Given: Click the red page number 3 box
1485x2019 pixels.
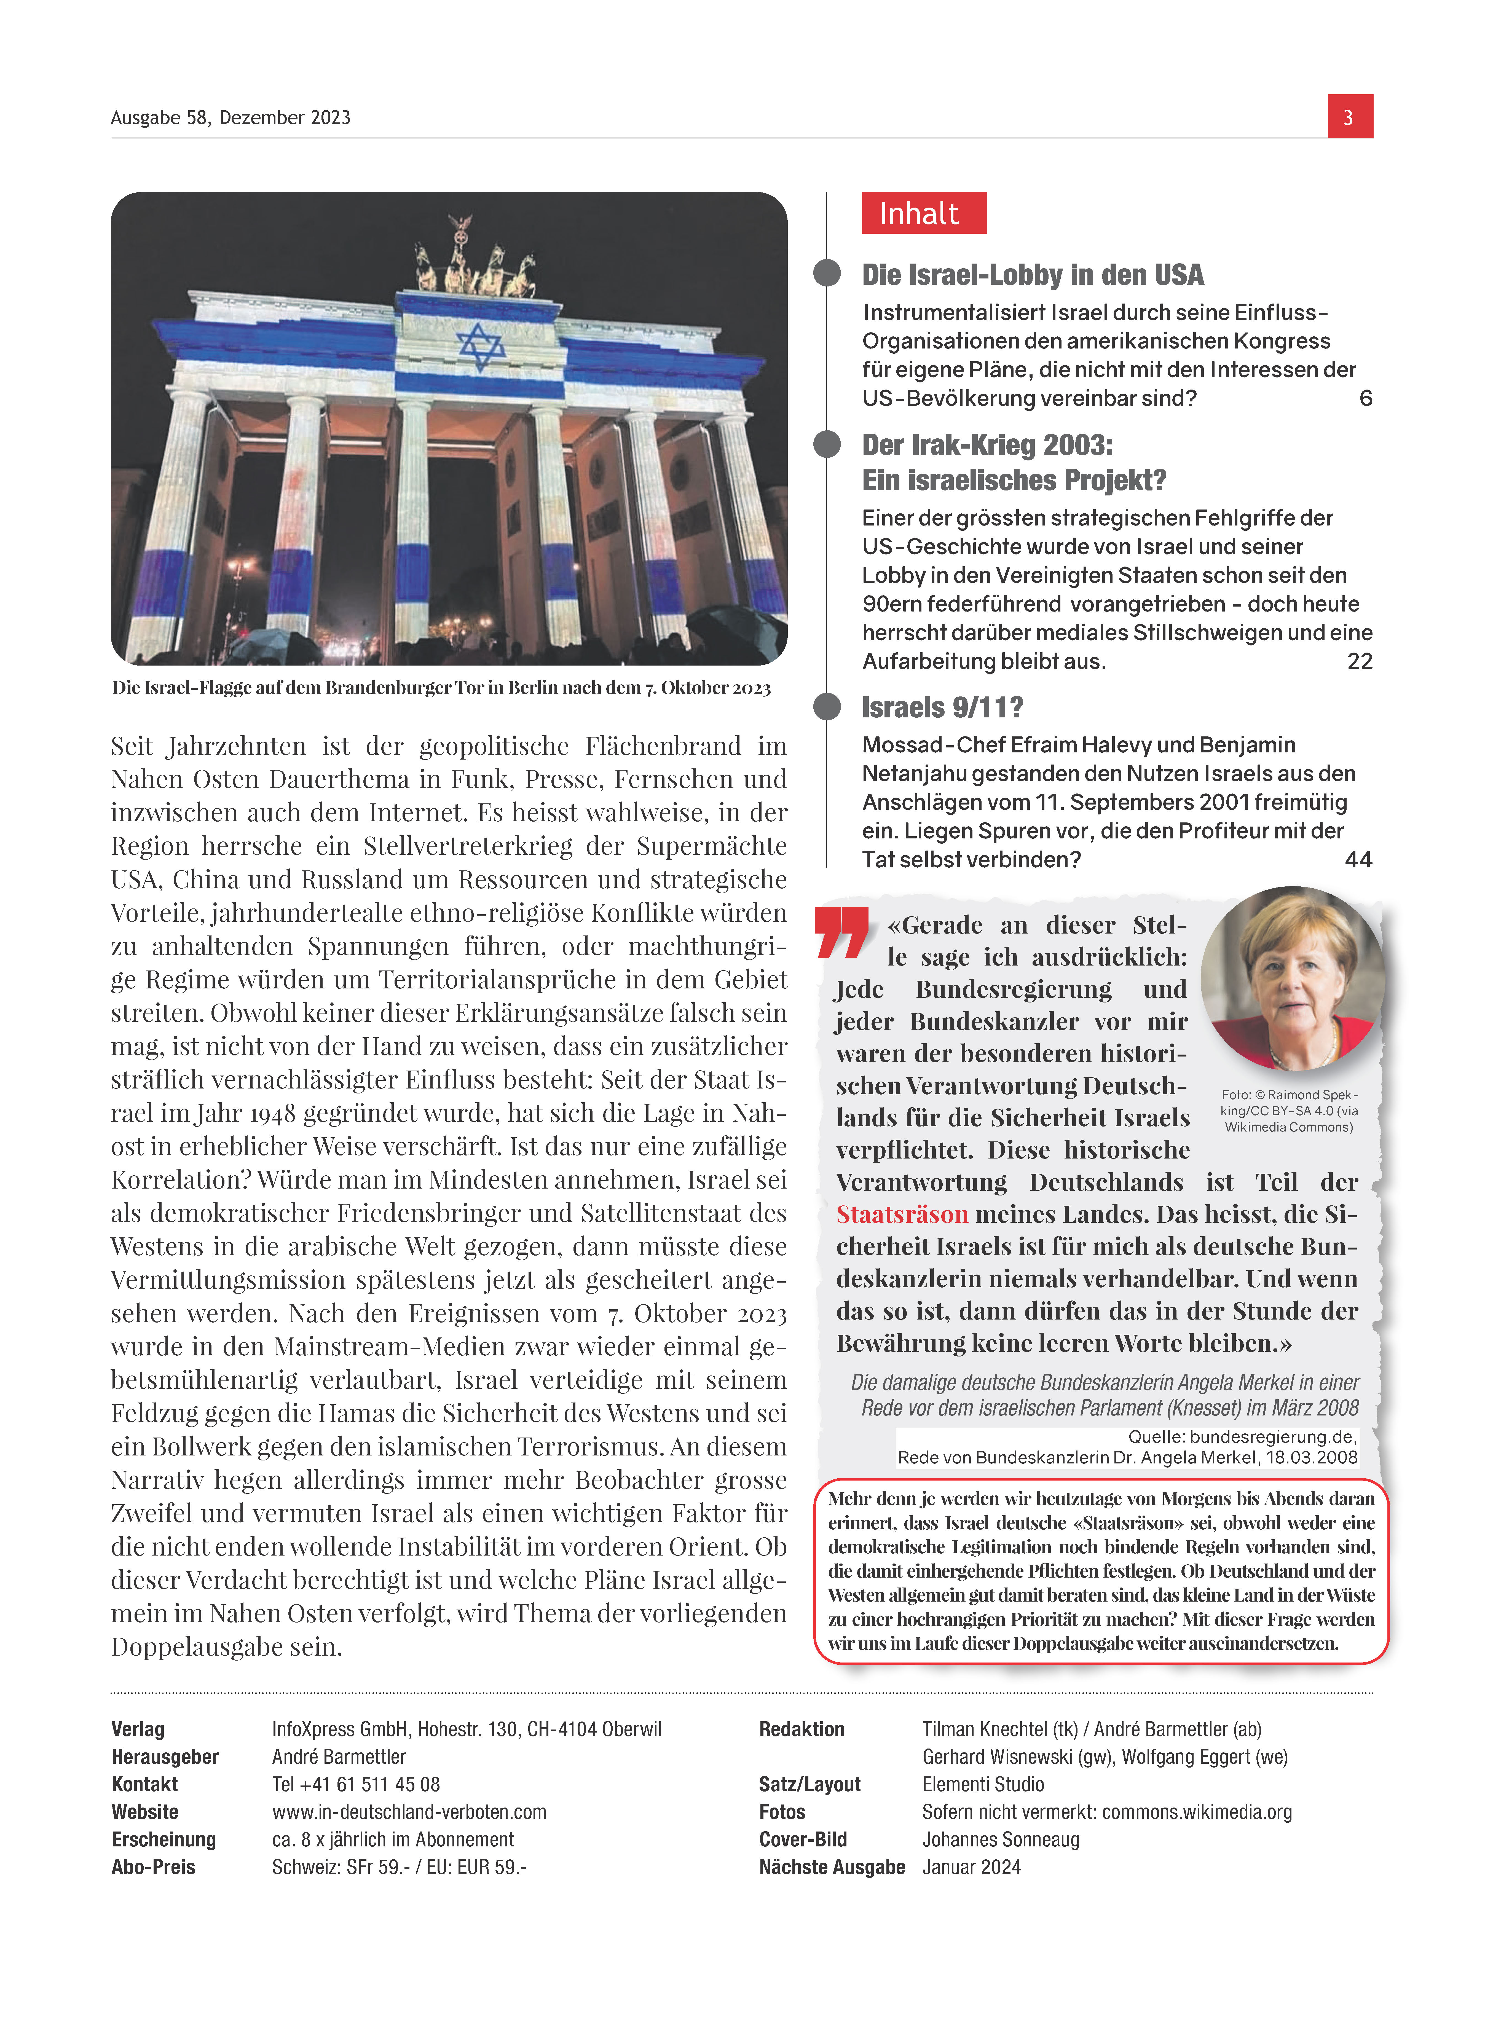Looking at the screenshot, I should (1349, 117).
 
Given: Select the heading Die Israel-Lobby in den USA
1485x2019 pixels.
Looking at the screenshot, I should (1032, 275).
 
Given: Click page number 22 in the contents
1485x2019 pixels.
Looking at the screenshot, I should (1359, 662).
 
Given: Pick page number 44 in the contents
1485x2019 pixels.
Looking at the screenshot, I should (1357, 860).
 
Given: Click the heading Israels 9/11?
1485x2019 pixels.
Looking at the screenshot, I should (942, 707).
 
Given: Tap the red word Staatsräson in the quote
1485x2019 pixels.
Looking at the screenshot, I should (902, 1214).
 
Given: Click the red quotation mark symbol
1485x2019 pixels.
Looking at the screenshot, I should (842, 932).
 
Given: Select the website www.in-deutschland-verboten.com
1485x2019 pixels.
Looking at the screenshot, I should (409, 1812).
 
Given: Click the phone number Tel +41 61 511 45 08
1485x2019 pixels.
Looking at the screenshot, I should (356, 1784).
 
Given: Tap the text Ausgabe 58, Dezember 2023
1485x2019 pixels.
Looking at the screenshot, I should (230, 118).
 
